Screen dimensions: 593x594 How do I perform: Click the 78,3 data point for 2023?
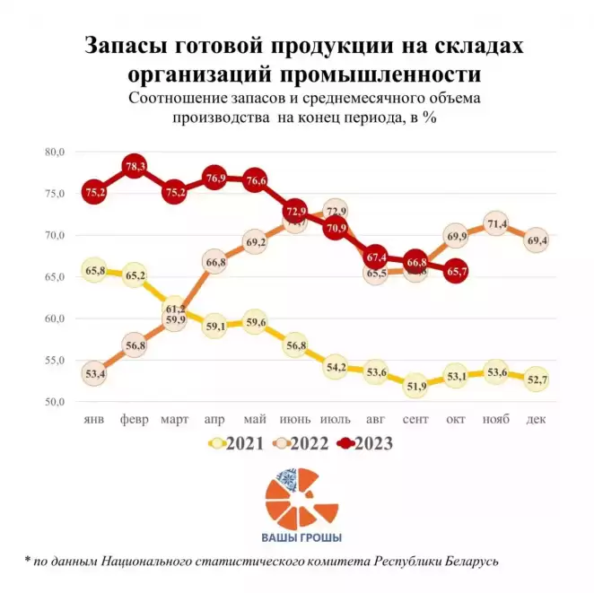pos(135,166)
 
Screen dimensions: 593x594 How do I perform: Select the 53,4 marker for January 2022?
pos(94,373)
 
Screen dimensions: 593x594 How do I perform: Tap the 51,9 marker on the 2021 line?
pos(415,387)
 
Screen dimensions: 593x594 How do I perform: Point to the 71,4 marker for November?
pos(496,223)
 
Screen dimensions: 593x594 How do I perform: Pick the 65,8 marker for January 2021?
pos(94,270)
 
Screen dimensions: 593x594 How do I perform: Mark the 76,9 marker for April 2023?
pos(214,178)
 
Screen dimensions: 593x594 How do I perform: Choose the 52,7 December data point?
pos(537,379)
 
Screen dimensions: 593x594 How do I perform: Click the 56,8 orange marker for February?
pos(135,345)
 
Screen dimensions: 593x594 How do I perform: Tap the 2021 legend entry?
pos(237,442)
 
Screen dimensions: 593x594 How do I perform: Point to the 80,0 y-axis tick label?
pos(54,153)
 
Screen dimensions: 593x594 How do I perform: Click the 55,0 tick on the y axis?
pos(54,360)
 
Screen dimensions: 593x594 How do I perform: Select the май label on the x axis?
pos(255,419)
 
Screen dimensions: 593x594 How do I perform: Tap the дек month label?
pos(537,419)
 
